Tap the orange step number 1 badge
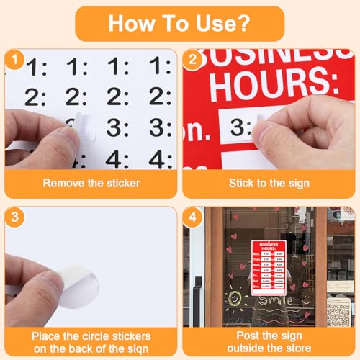13,59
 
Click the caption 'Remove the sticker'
91,183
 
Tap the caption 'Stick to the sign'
269,183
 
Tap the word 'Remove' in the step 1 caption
62,183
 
